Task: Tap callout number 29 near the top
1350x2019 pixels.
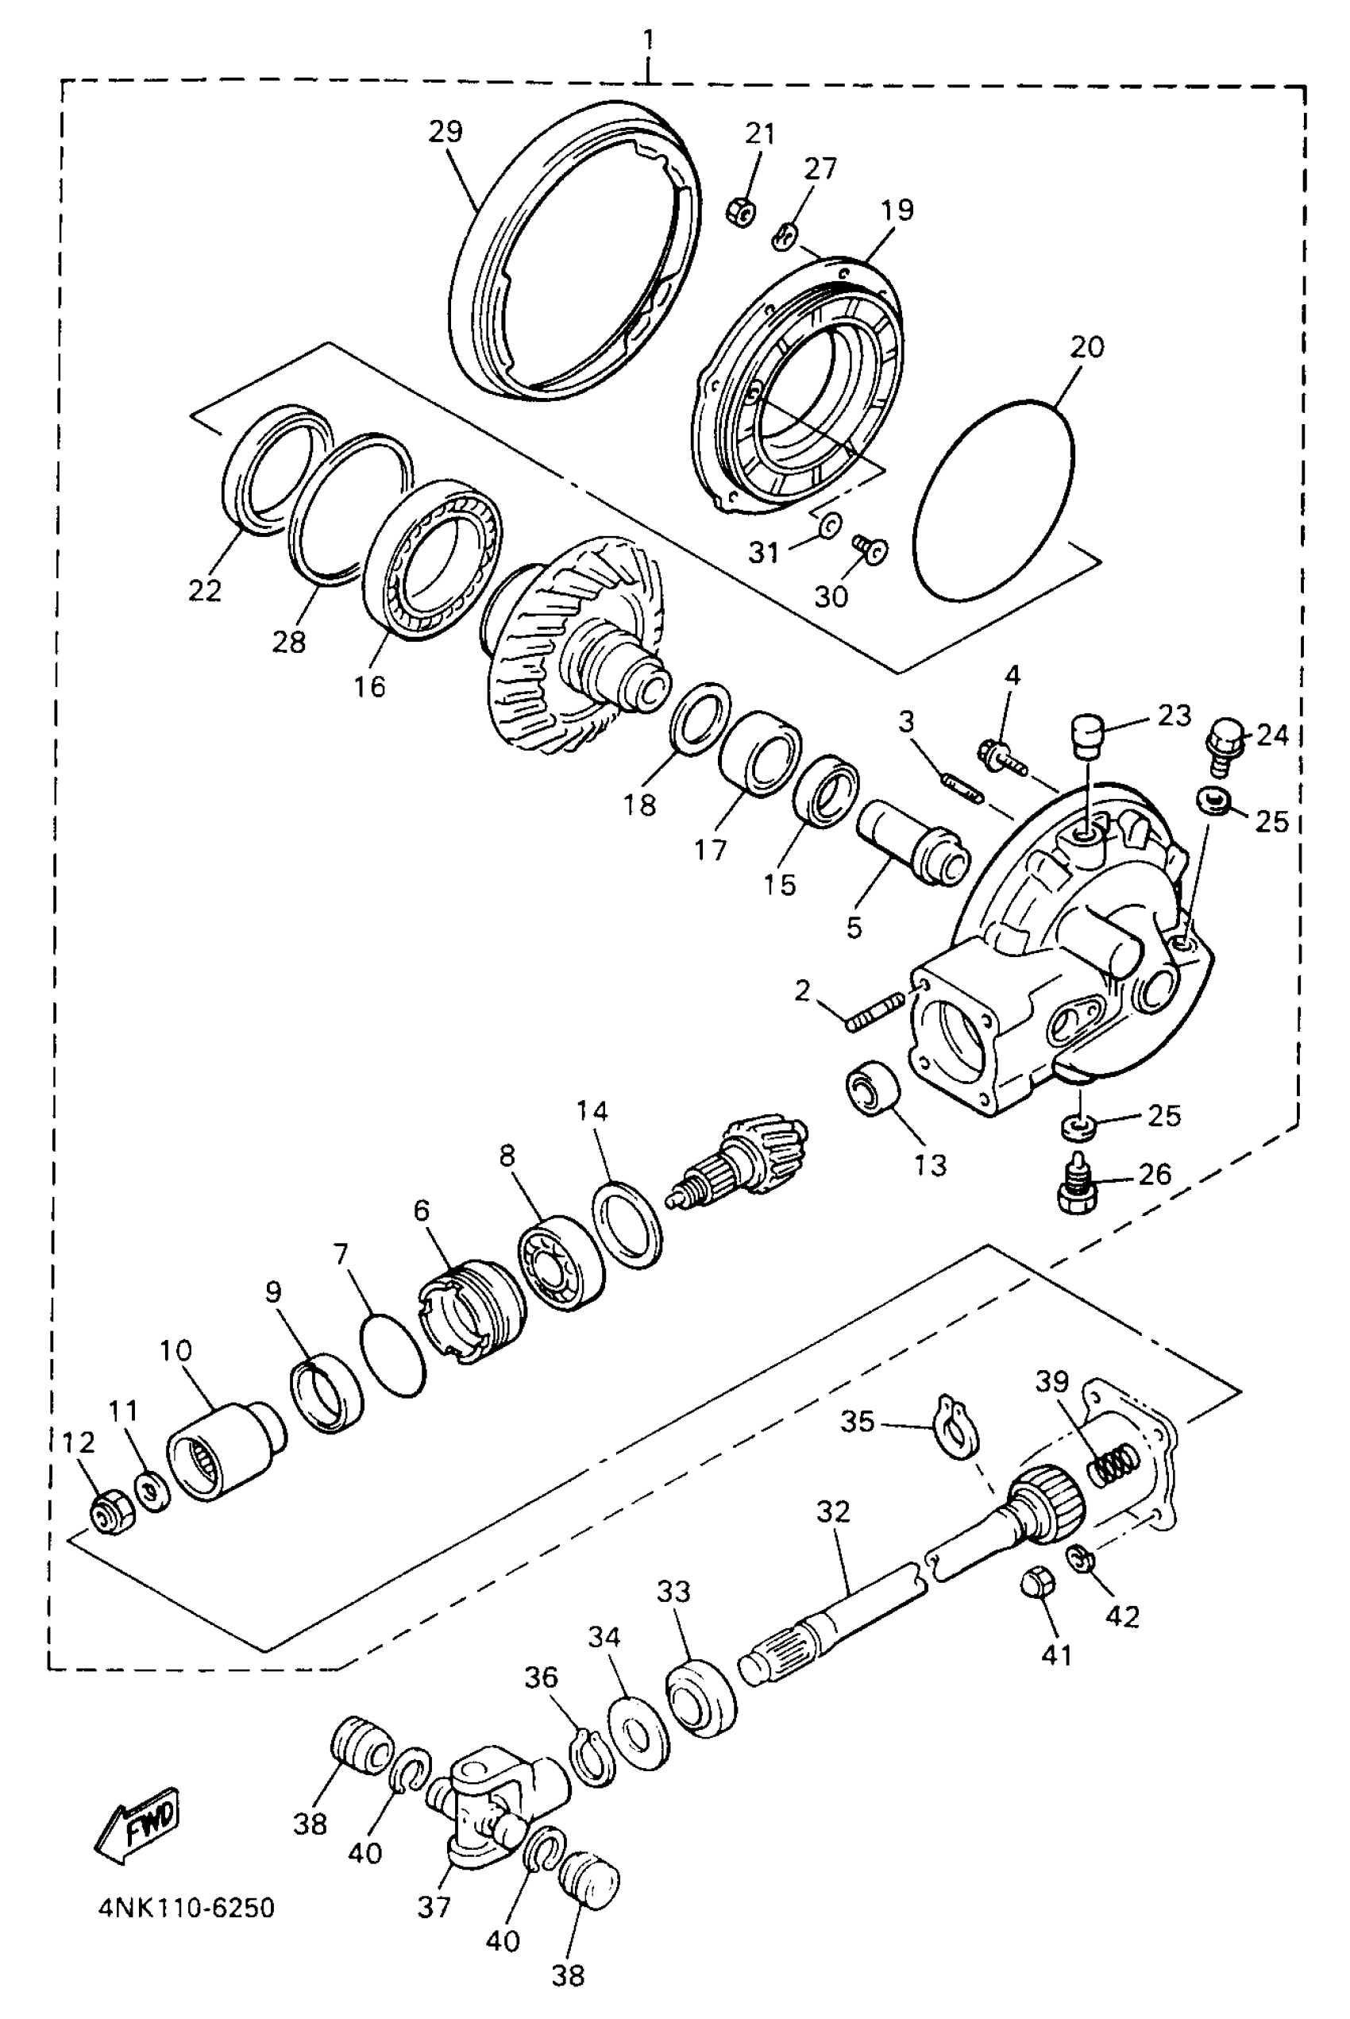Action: click(x=446, y=132)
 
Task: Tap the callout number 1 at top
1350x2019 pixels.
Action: click(x=648, y=39)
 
